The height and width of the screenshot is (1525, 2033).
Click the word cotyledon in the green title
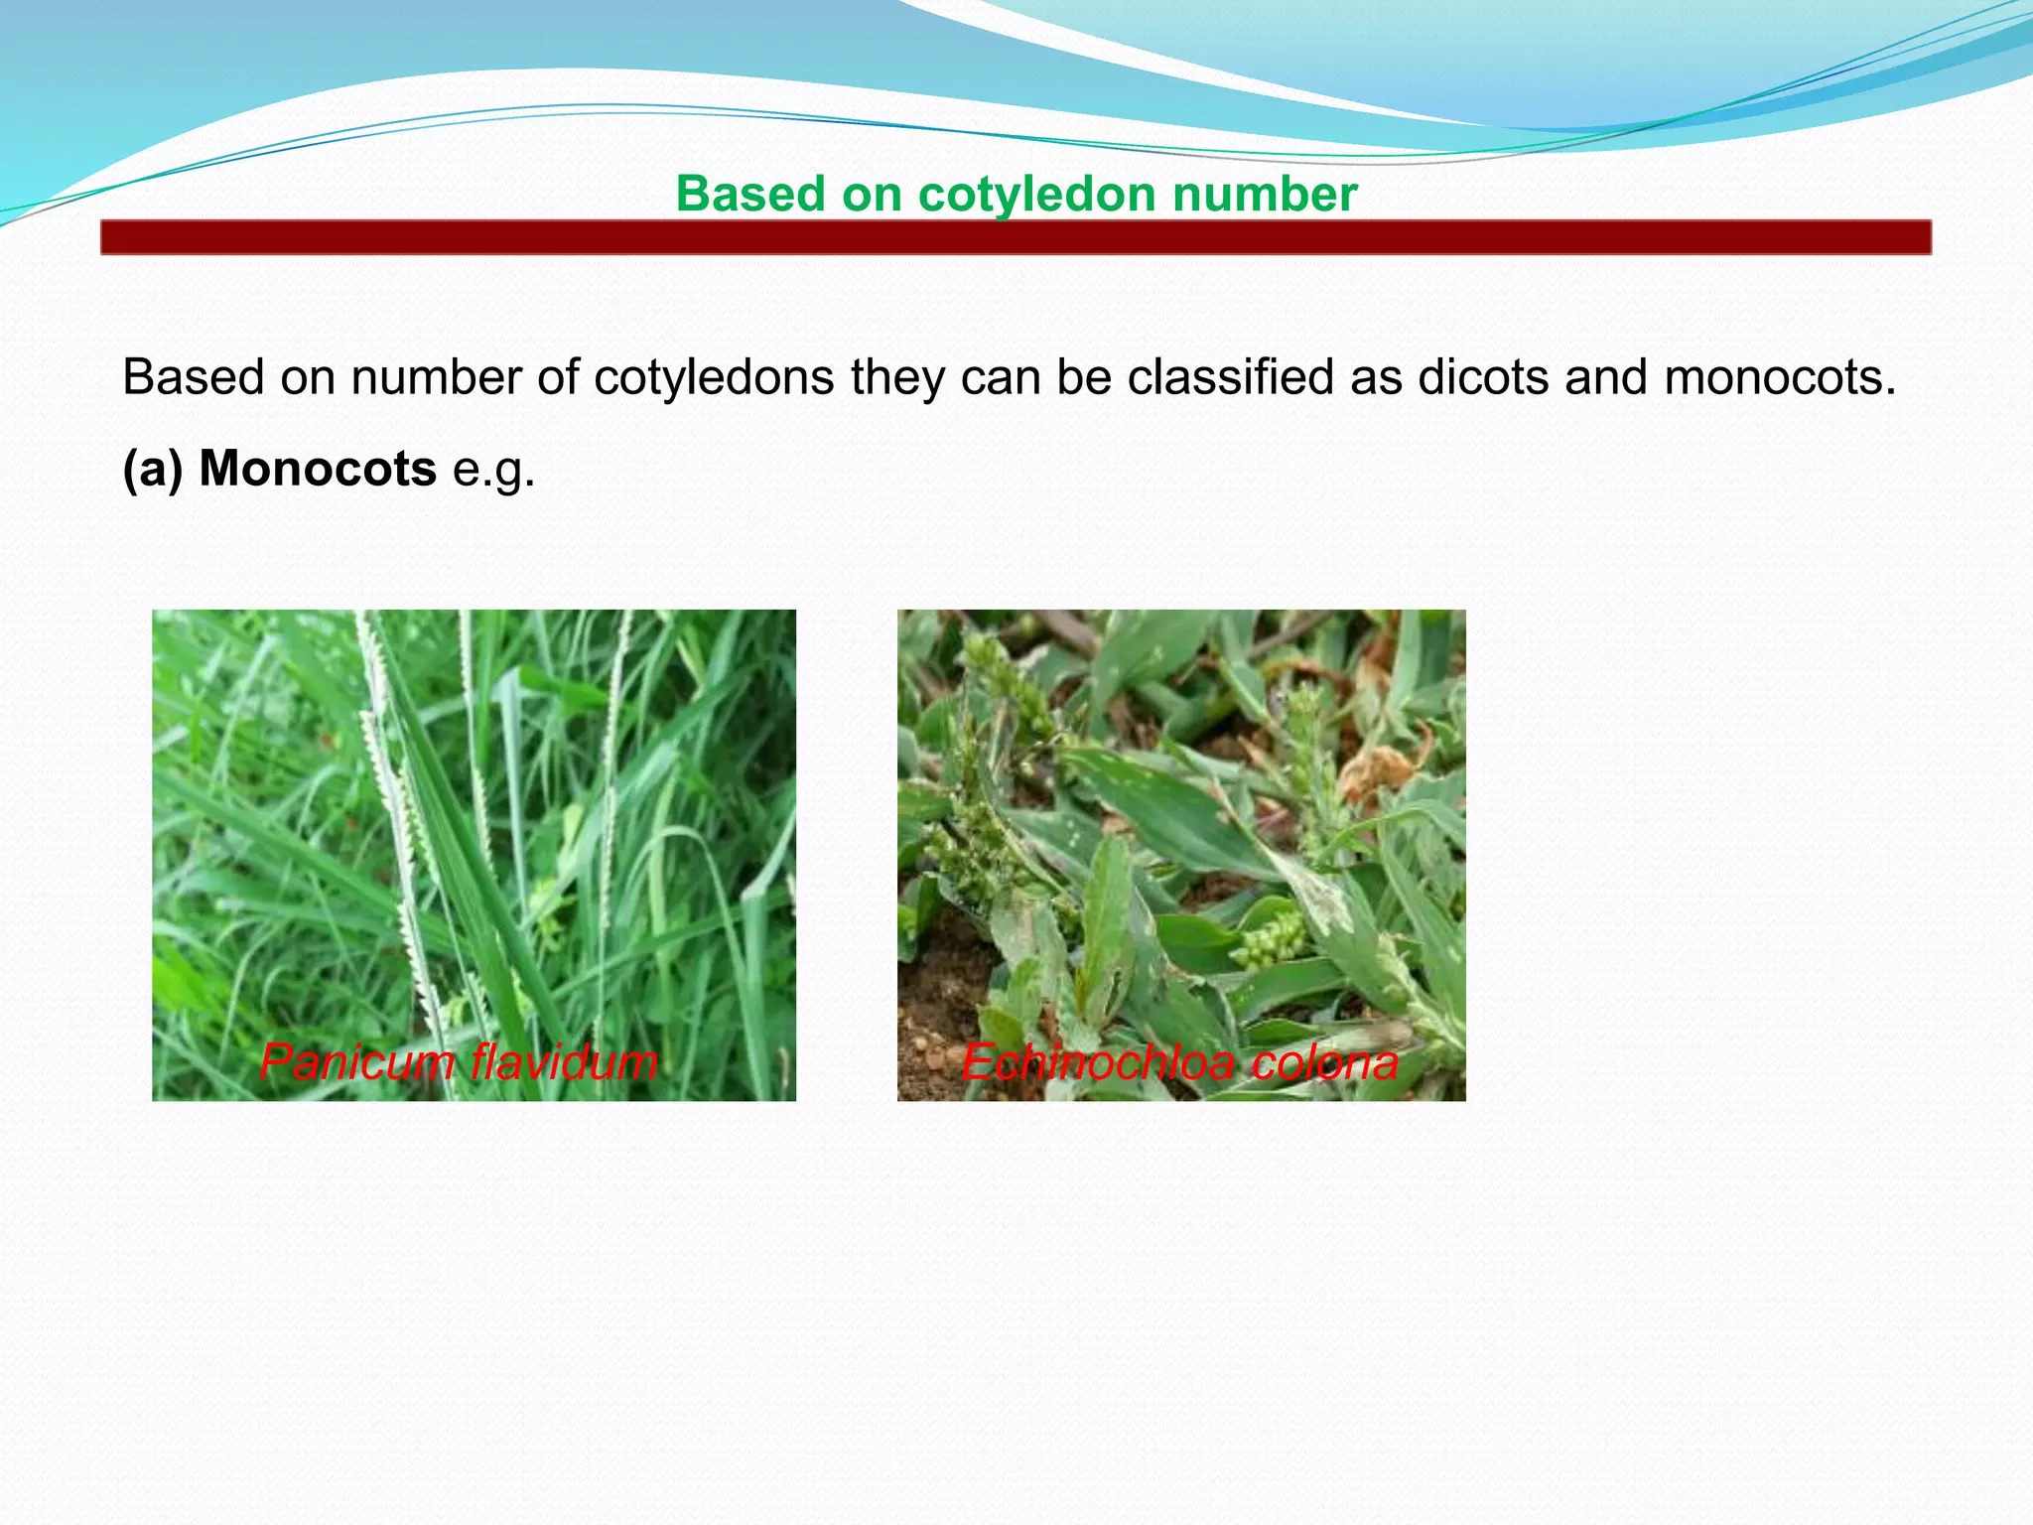tap(1037, 195)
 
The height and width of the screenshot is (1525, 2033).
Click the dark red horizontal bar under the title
tap(1016, 238)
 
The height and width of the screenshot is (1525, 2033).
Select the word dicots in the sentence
tap(1483, 378)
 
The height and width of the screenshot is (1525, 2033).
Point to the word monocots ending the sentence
tap(1779, 378)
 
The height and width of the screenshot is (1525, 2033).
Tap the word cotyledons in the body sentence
tap(714, 378)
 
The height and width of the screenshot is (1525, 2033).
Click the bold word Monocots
tap(317, 469)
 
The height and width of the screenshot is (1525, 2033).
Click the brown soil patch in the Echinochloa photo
tap(938, 1003)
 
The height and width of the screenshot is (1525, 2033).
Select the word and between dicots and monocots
tap(1605, 378)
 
